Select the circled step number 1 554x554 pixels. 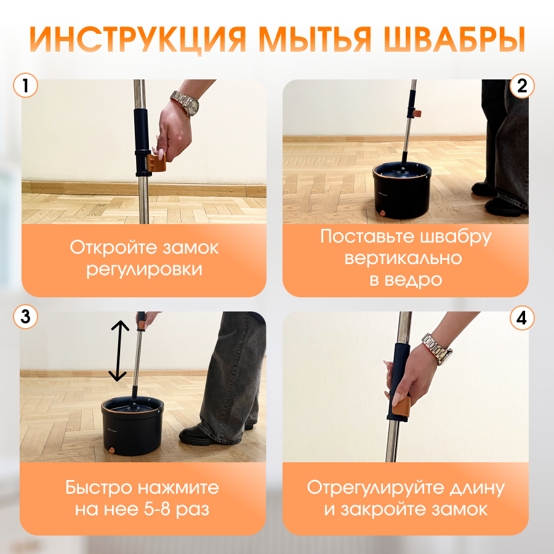point(25,86)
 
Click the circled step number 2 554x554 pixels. point(522,86)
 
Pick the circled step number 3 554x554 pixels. point(25,316)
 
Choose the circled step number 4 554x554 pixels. point(522,318)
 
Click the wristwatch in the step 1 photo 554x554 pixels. point(186,102)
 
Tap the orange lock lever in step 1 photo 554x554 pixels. point(157,163)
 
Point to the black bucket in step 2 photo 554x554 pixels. point(402,190)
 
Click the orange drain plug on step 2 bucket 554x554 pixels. point(383,214)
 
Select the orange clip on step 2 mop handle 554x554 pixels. point(417,113)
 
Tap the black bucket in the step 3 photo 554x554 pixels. point(132,426)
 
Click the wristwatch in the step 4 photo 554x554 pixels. point(438,349)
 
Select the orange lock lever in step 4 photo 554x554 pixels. point(401,406)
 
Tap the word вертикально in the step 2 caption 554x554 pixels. point(403,259)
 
